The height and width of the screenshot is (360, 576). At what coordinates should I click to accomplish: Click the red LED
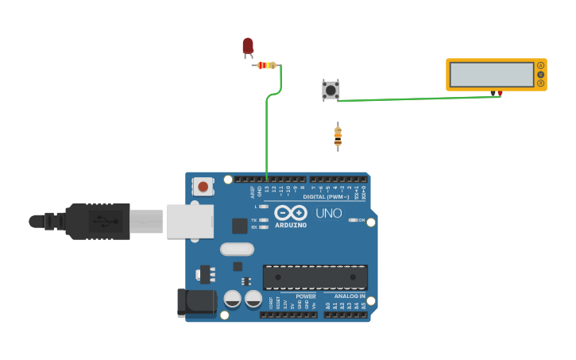click(248, 46)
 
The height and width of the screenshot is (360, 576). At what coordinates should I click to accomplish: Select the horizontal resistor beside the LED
click(266, 65)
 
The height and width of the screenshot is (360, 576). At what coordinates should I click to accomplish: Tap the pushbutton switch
click(331, 90)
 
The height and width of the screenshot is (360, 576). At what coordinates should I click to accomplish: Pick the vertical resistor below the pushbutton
click(338, 137)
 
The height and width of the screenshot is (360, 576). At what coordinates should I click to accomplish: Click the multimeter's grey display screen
click(492, 75)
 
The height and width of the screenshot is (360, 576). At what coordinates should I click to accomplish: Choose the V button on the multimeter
click(541, 74)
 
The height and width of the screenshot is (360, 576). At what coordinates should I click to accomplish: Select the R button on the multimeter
click(541, 83)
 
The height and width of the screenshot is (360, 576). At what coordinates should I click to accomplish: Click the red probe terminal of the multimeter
click(500, 94)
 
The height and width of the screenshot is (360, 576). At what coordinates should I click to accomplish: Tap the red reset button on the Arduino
click(203, 187)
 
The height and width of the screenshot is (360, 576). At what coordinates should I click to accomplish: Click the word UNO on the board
click(329, 213)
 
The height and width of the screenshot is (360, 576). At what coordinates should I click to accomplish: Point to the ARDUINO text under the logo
click(291, 225)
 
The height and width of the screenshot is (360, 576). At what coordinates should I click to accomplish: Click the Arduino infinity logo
click(291, 213)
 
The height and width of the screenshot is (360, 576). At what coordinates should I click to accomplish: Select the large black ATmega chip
click(315, 277)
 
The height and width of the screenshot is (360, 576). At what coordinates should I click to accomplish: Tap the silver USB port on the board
click(190, 220)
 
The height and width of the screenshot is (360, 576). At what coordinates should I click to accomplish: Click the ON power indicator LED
click(353, 220)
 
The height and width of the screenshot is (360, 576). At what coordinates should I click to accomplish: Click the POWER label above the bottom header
click(295, 296)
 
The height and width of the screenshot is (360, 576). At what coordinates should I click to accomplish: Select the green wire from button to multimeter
click(413, 99)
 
